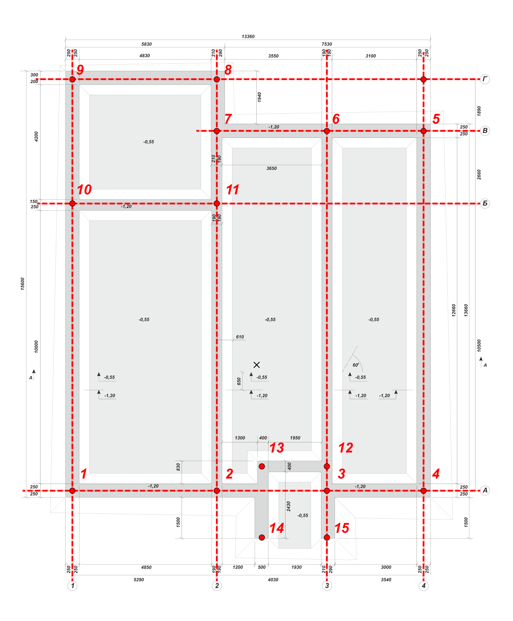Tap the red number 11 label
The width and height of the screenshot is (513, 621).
232,189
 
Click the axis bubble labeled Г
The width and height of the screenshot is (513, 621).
485,79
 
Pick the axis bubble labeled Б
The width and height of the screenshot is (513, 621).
485,203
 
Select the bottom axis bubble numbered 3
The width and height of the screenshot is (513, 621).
327,585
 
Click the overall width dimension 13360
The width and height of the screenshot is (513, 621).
248,36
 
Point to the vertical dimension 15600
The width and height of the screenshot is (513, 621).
23,283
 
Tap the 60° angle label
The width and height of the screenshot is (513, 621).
356,365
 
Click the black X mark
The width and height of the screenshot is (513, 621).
257,365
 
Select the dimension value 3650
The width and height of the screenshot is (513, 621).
272,168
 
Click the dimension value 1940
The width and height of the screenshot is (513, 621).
259,97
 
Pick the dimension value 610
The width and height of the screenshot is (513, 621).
240,337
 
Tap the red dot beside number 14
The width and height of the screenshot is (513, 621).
262,538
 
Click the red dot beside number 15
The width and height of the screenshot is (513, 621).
327,538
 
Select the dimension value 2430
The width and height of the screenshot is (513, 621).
288,506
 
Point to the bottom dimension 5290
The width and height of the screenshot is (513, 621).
139,580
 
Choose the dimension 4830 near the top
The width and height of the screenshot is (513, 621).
145,56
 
